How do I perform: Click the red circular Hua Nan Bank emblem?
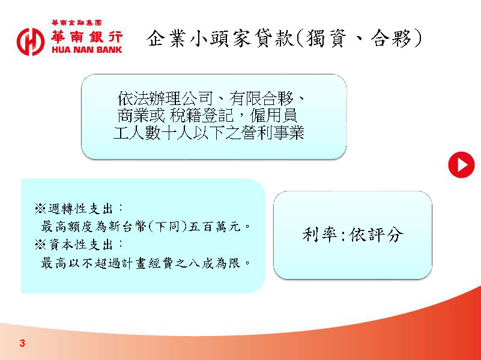coord(31,42)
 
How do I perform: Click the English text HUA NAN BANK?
coord(87,50)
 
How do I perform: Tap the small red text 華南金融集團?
coord(77,23)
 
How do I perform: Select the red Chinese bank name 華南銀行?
coord(87,37)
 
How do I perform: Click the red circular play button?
coord(461,165)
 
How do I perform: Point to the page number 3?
coord(22,343)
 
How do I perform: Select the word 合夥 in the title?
coord(391,38)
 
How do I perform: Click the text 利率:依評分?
coord(352,235)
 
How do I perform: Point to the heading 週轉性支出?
coord(80,209)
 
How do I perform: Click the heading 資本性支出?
coord(80,245)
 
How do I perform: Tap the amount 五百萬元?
coord(215,227)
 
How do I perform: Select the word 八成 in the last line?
coord(201,263)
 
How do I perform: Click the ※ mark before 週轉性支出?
coord(40,209)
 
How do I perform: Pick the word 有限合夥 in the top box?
coord(261,98)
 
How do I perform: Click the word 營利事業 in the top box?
coord(273,133)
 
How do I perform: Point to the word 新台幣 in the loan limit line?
coord(128,227)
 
